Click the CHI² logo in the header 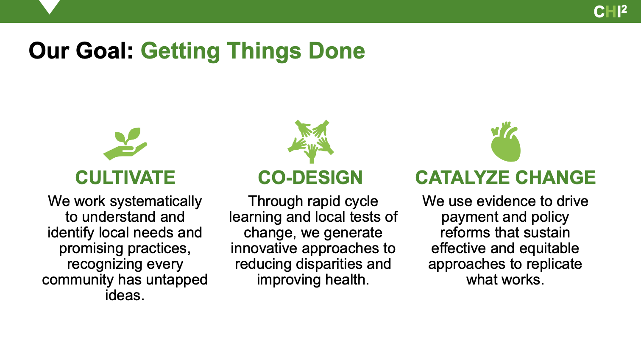coord(610,11)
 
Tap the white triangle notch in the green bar coord(49,6)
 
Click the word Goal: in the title coord(104,51)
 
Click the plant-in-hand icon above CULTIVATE coord(125,144)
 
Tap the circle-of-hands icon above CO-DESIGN coord(311,141)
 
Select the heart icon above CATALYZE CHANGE coord(506,141)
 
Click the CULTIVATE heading coord(125,177)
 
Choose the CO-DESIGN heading coord(310,177)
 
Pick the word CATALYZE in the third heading coord(462,177)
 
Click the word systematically coord(156,201)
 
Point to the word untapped coord(176,280)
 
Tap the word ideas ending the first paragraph coord(125,295)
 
